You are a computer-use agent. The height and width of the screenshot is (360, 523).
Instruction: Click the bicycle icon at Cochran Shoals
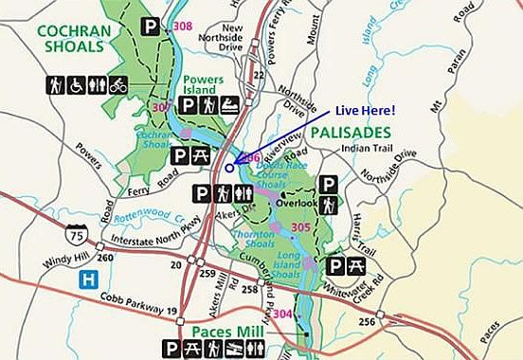pyautogui.click(x=117, y=85)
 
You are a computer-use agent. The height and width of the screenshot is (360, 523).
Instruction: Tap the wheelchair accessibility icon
pyautogui.click(x=76, y=85)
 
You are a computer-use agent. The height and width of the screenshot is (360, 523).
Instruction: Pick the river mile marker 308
pyautogui.click(x=183, y=26)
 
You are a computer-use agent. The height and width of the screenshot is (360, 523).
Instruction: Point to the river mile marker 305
pyautogui.click(x=301, y=227)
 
